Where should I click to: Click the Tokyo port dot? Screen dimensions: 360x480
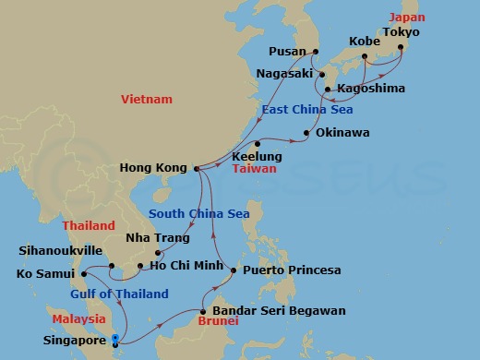pyautogui.click(x=401, y=45)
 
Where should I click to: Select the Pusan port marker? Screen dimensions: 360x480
pyautogui.click(x=315, y=52)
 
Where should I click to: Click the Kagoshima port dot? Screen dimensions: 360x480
pyautogui.click(x=328, y=90)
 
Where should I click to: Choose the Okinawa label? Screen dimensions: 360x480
pyautogui.click(x=342, y=133)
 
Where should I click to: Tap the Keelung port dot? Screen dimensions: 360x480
pyautogui.click(x=258, y=144)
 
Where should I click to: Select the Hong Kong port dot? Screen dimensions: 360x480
pyautogui.click(x=197, y=168)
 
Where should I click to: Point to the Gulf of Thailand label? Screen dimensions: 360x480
pyautogui.click(x=119, y=294)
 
